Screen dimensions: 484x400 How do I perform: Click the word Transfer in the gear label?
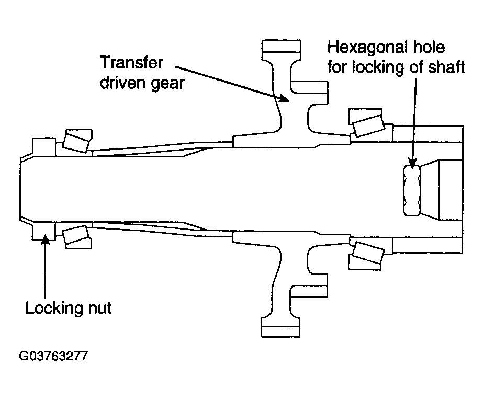pyautogui.click(x=132, y=63)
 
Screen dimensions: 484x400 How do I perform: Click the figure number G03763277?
pyautogui.click(x=53, y=356)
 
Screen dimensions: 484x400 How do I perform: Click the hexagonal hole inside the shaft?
pyautogui.click(x=412, y=190)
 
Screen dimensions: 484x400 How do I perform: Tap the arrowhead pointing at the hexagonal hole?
pyautogui.click(x=412, y=163)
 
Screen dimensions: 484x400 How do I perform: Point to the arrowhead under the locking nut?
pyautogui.click(x=46, y=239)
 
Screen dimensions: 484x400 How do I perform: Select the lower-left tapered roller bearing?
pyautogui.click(x=76, y=237)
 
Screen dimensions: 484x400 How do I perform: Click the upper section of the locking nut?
pyautogui.click(x=44, y=147)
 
